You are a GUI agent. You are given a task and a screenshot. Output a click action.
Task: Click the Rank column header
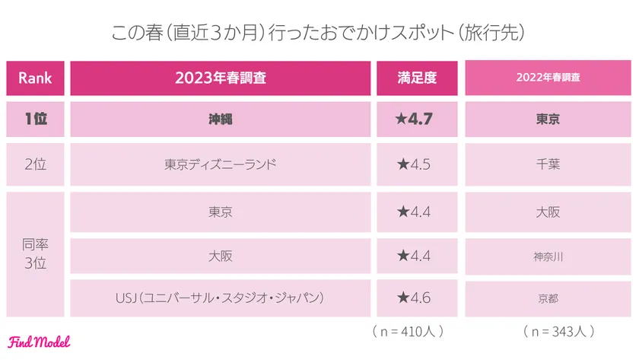click(x=35, y=77)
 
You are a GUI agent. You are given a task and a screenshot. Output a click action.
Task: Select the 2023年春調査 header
click(x=221, y=77)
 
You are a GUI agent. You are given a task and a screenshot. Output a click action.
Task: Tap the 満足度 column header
click(x=416, y=77)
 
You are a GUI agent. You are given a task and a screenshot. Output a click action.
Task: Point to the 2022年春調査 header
click(x=548, y=77)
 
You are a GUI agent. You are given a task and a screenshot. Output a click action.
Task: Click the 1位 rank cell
click(x=35, y=119)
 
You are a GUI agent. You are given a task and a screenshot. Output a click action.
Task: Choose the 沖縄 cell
click(x=221, y=119)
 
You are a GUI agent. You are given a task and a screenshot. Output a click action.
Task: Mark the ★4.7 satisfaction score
click(x=416, y=119)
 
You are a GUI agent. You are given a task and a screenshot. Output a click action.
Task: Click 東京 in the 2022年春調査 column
click(x=548, y=119)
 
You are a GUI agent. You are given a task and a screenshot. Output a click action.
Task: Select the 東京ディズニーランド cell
click(x=221, y=164)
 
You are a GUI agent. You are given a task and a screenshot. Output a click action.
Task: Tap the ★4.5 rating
click(x=416, y=164)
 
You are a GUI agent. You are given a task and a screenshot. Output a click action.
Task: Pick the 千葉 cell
click(x=548, y=164)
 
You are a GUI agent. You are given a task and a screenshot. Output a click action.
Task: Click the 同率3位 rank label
click(x=35, y=255)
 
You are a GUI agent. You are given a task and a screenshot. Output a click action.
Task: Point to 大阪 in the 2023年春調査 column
click(x=221, y=256)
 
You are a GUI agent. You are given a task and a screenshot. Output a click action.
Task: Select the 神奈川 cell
click(x=548, y=256)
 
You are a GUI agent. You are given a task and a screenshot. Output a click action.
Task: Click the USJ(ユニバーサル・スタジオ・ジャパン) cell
click(x=221, y=298)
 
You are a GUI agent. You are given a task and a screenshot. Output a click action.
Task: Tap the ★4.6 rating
click(x=416, y=298)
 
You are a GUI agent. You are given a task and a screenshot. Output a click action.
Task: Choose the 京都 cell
click(x=548, y=298)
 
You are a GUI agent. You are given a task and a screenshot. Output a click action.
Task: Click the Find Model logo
click(x=40, y=342)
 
